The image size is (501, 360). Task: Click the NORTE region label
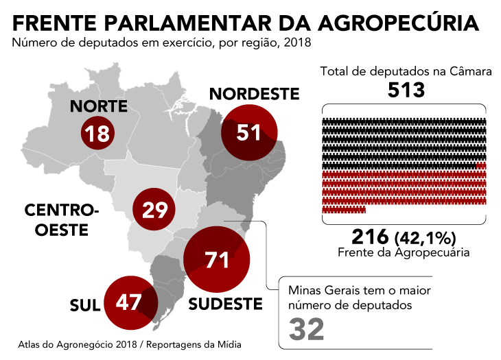point(99,106)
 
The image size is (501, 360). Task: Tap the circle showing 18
point(97,133)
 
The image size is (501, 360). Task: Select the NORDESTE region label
point(255,94)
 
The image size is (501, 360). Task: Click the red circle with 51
point(249,132)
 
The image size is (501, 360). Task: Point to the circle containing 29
point(154,209)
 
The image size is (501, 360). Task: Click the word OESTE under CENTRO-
point(61,230)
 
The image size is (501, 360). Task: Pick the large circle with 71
point(217,259)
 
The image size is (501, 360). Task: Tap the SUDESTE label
point(225,304)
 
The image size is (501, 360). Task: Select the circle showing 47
point(131,302)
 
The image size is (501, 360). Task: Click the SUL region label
point(85,306)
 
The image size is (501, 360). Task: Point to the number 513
point(406,90)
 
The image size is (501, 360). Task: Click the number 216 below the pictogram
point(370,237)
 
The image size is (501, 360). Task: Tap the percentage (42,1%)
point(426,238)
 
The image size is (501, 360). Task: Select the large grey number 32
point(306,329)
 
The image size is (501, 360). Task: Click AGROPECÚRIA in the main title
point(398,23)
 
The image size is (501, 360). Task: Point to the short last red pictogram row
point(344,210)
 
